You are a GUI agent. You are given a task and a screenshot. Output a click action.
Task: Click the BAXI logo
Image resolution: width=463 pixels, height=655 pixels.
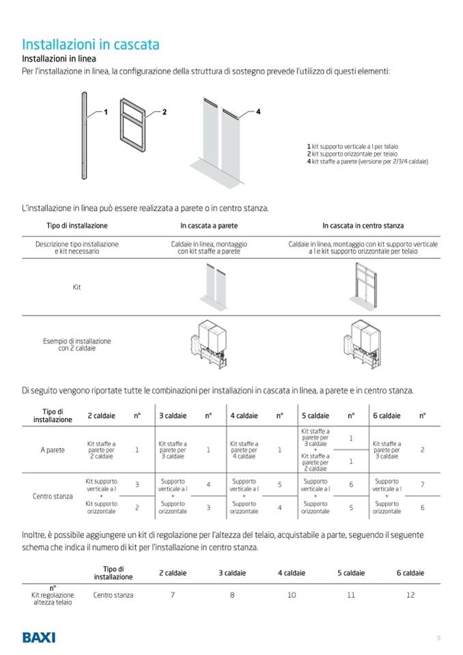(x=38, y=637)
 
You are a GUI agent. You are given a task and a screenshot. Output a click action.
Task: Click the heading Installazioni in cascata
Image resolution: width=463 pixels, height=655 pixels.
(x=91, y=44)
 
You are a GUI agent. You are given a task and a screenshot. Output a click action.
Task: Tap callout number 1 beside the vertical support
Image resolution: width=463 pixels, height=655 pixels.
(x=106, y=112)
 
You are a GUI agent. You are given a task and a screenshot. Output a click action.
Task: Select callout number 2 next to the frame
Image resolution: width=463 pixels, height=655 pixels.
(x=165, y=112)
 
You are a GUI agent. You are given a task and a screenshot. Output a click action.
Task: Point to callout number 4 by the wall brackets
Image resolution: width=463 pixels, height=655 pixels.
(x=258, y=111)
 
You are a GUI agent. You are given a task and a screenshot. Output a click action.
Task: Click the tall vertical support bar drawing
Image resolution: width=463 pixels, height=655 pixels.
(x=84, y=136)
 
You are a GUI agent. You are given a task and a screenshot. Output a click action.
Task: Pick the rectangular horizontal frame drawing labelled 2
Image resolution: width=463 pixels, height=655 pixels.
(x=132, y=125)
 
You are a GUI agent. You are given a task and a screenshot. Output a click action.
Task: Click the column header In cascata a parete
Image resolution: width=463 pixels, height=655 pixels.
(x=209, y=225)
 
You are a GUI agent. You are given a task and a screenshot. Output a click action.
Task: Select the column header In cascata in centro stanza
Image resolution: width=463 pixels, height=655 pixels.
(x=363, y=225)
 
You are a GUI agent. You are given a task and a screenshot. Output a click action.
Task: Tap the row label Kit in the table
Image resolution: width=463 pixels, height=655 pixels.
(x=76, y=287)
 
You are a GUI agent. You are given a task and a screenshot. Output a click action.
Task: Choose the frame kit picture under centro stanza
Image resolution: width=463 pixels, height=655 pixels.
(x=363, y=287)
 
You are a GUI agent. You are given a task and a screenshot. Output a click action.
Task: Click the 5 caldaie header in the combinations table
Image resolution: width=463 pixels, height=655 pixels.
(x=315, y=416)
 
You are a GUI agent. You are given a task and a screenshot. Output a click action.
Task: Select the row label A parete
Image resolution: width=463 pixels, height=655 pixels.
(x=53, y=450)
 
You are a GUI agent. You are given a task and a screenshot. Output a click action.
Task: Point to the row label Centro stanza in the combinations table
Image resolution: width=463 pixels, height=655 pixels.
(x=53, y=497)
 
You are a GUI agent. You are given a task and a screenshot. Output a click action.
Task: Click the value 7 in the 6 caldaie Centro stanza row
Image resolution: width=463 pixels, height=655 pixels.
(x=423, y=484)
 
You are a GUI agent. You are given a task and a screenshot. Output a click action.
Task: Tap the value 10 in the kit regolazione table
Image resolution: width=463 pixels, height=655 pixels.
(x=292, y=595)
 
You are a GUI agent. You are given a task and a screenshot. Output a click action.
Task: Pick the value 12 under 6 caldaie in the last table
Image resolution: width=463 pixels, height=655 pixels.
(x=410, y=595)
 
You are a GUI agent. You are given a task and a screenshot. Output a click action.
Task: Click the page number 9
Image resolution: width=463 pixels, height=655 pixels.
(x=438, y=638)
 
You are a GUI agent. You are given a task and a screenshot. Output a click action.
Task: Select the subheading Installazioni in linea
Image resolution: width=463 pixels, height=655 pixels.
(x=59, y=59)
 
